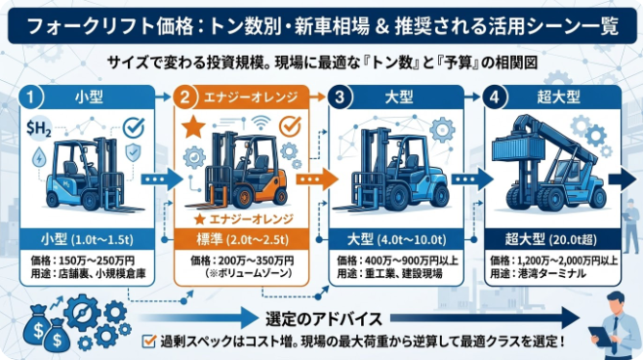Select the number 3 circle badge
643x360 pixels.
[x=340, y=98]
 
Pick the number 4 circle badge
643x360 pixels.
[x=496, y=98]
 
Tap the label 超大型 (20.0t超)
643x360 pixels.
[x=547, y=237]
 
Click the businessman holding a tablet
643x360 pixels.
[x=616, y=327]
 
